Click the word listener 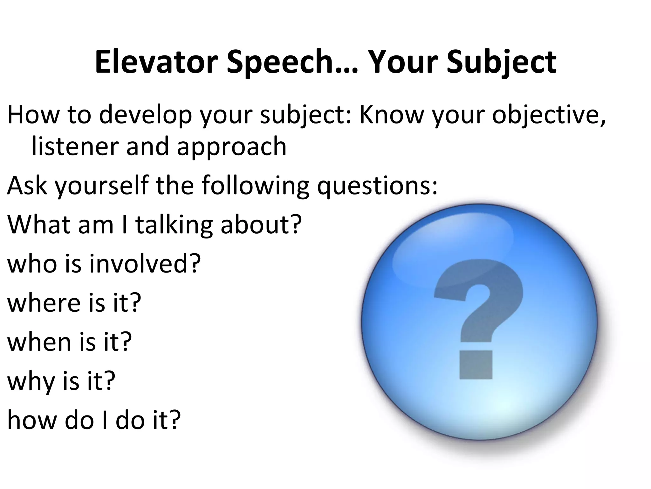click(x=75, y=146)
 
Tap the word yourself click(x=102, y=186)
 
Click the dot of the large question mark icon click(x=476, y=365)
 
